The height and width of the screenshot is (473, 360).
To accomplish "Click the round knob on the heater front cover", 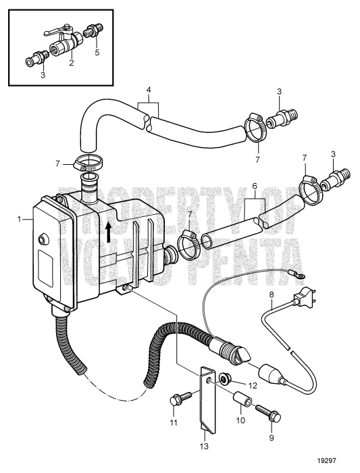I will point(43,239).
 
